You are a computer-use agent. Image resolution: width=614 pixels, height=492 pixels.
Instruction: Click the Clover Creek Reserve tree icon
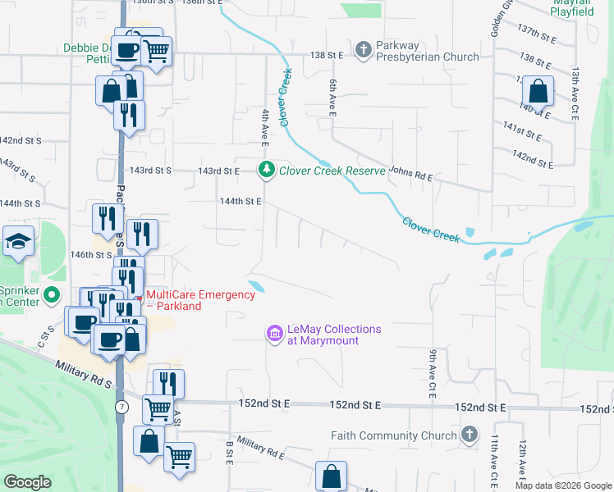coord(266,171)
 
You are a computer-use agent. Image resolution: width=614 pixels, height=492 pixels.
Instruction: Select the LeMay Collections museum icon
coord(274,335)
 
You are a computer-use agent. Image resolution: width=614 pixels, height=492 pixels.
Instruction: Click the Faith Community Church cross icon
coord(469,435)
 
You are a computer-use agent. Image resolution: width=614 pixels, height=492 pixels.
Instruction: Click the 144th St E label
coord(241,201)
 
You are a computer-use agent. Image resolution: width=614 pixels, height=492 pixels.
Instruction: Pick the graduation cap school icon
coord(16,241)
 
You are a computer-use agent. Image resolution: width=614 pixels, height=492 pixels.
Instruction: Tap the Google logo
coord(27,482)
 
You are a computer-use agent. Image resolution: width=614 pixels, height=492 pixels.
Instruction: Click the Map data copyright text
coord(563,485)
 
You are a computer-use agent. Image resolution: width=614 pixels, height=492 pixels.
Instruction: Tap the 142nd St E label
coord(529,155)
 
